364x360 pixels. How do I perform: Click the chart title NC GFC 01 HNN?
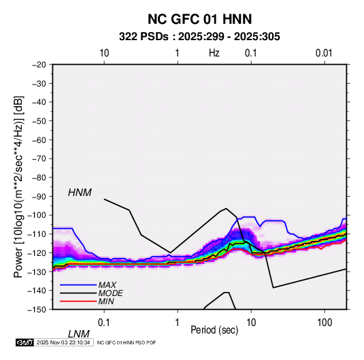click(199, 19)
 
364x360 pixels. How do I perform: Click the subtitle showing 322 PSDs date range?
click(199, 37)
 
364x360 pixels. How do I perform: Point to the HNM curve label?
click(80, 193)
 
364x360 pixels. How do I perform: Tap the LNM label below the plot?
click(79, 334)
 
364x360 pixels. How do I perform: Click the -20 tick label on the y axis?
click(39, 65)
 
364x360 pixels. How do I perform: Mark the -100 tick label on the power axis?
click(37, 215)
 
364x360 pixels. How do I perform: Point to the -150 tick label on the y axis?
click(37, 310)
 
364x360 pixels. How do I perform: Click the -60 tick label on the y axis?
click(39, 140)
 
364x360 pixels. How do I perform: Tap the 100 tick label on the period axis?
click(325, 323)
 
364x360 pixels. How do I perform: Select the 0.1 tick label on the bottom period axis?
click(104, 323)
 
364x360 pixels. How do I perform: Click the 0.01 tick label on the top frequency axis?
click(324, 53)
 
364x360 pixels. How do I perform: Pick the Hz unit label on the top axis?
click(214, 53)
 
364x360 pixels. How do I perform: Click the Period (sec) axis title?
click(214, 330)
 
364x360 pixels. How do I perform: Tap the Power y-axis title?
click(18, 186)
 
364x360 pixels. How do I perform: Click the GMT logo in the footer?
click(24, 342)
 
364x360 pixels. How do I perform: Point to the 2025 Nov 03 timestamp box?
click(63, 342)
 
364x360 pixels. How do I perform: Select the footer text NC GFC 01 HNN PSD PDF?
click(127, 342)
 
